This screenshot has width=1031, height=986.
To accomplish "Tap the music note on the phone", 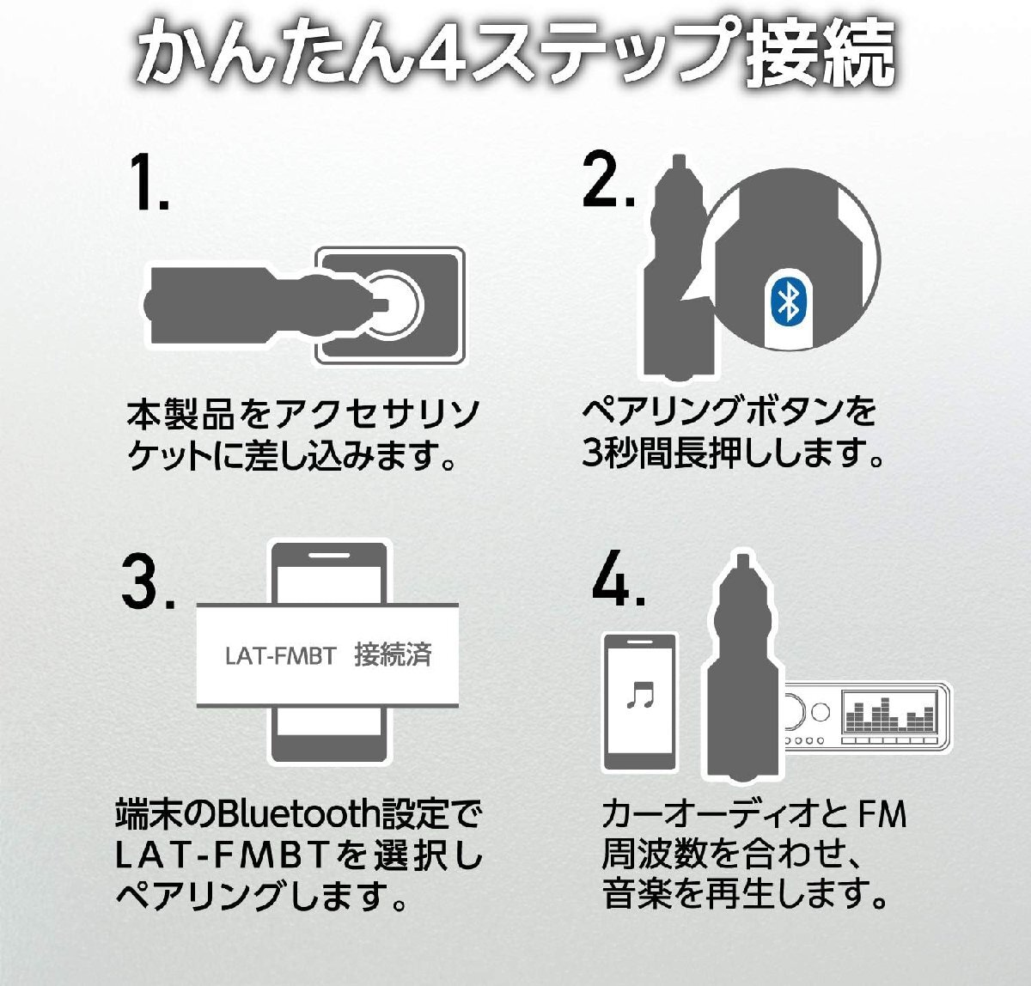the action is click(x=640, y=694).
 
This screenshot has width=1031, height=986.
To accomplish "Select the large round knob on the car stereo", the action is click(x=792, y=712).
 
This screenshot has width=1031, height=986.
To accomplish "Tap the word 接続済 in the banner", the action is click(x=393, y=655).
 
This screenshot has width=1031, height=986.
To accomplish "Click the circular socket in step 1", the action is click(x=391, y=306).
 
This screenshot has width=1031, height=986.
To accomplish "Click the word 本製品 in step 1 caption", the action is click(x=180, y=414).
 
